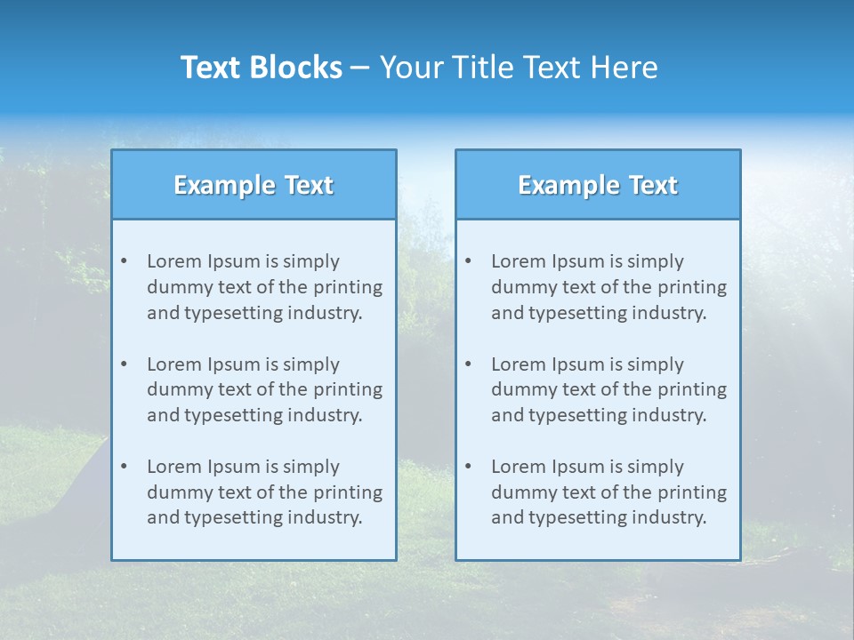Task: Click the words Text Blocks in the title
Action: [261, 68]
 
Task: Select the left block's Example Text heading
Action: [254, 185]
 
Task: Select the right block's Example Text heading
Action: [598, 185]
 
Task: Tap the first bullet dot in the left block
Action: [124, 261]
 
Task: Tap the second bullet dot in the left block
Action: [124, 364]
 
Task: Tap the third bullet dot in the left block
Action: [124, 467]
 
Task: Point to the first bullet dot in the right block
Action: [468, 261]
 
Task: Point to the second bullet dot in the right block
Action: [468, 364]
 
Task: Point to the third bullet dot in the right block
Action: [468, 467]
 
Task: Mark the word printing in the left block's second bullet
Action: [350, 389]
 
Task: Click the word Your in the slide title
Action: [409, 68]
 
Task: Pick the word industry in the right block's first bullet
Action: [673, 313]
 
